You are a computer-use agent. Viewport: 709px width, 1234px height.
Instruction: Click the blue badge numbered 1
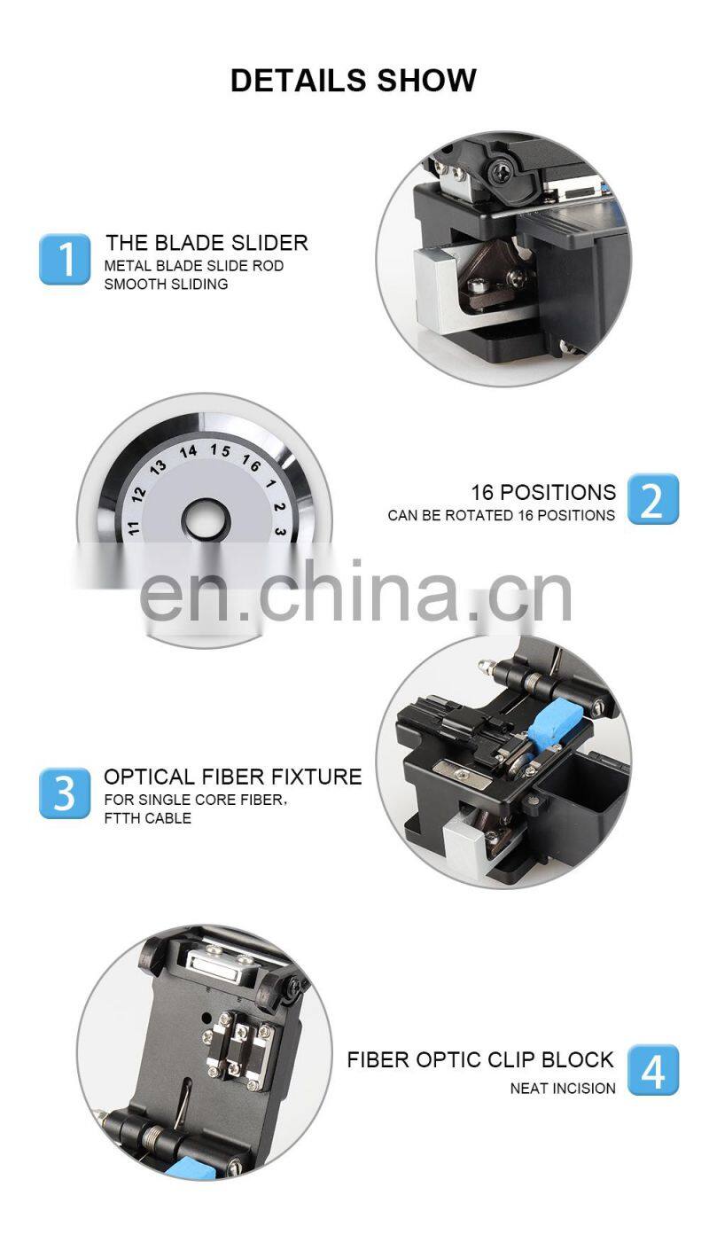tap(65, 259)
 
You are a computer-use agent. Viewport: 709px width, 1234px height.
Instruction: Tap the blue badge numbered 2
tap(653, 498)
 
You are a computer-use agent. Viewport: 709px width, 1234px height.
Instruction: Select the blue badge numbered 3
tap(65, 793)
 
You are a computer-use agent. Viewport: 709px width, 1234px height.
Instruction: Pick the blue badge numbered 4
tap(653, 1070)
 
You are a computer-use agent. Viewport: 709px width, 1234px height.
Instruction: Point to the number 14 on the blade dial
tap(189, 452)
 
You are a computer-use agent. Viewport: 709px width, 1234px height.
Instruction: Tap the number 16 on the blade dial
tap(251, 463)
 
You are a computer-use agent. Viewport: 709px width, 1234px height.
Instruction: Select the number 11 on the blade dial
tap(133, 527)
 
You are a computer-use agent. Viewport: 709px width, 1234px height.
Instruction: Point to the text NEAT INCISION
tap(563, 1088)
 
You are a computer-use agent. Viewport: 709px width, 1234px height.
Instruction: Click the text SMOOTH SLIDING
tap(166, 285)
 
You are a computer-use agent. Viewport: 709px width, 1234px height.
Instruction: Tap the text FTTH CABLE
tap(148, 818)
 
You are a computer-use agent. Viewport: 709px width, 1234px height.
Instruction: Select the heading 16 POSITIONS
tap(543, 492)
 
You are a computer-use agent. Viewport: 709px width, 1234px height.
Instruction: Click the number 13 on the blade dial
tap(158, 467)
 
